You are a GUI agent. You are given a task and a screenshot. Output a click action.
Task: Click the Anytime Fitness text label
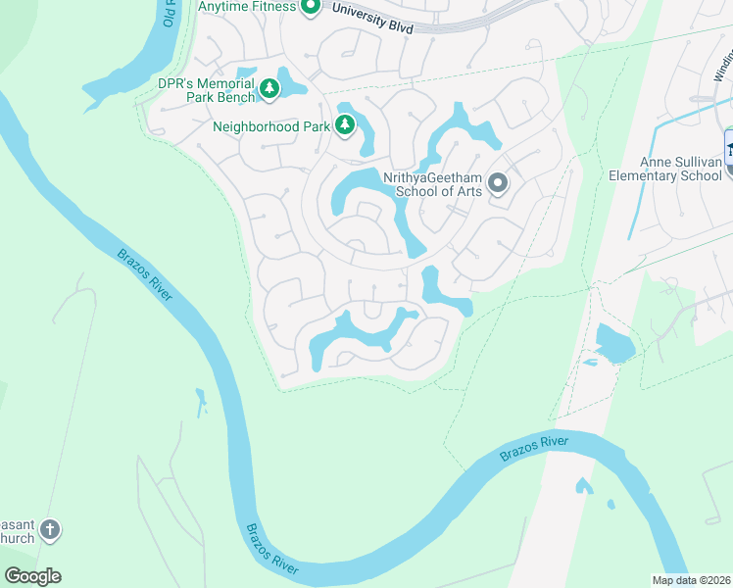(x=246, y=7)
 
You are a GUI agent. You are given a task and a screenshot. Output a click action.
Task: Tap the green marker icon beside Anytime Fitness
(x=311, y=8)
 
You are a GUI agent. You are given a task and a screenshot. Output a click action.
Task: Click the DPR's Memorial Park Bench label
(x=206, y=91)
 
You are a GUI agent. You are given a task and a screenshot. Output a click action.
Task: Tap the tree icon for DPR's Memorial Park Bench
(x=269, y=89)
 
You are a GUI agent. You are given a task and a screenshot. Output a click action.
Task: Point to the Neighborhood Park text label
(x=271, y=125)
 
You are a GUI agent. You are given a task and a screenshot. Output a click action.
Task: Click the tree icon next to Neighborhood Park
(x=344, y=124)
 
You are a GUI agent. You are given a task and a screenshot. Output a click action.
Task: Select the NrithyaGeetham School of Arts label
(x=438, y=183)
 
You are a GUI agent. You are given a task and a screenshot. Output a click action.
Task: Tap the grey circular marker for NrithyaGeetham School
(x=498, y=183)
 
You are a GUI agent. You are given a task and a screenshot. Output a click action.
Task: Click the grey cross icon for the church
(x=49, y=530)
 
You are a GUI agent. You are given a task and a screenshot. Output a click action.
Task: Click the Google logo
(x=32, y=576)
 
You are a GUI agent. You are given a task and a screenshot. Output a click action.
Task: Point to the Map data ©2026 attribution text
(x=691, y=580)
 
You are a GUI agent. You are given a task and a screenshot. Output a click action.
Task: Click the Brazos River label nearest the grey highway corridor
(x=532, y=449)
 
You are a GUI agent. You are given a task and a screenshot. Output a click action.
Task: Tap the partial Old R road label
(x=171, y=14)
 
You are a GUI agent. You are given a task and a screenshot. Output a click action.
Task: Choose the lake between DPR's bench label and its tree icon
(x=245, y=77)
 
